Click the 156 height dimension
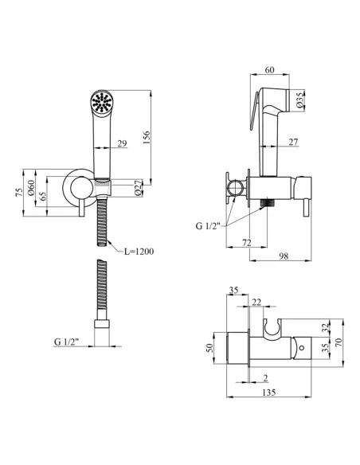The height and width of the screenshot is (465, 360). pos(147,137)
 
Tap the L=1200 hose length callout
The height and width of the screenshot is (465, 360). pos(139,252)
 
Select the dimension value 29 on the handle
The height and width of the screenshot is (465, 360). pos(122,143)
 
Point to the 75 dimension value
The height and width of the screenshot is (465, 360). pos(19,192)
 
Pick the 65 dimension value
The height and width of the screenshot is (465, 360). pos(43,196)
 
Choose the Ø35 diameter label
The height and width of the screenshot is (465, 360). pos(299,100)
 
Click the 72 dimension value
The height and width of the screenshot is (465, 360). pos(246,243)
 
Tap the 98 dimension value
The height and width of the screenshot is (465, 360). pos(284,256)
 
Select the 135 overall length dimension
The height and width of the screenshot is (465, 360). pos(269,393)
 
